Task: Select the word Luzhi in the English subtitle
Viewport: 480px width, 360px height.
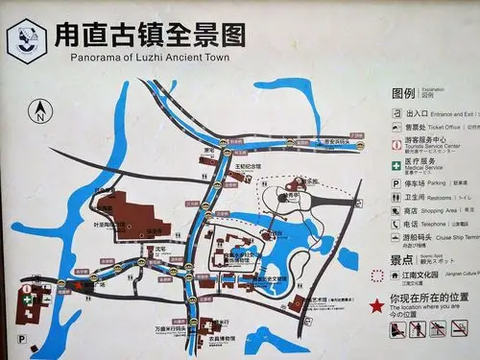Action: tap(157, 58)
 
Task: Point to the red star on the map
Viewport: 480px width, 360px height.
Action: tap(78, 285)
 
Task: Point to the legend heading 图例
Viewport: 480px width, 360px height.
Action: tap(403, 94)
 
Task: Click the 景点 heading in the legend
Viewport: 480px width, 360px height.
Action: tap(402, 259)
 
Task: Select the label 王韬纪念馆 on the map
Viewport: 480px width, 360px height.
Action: tap(249, 166)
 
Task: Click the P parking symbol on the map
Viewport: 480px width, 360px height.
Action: tap(21, 339)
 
